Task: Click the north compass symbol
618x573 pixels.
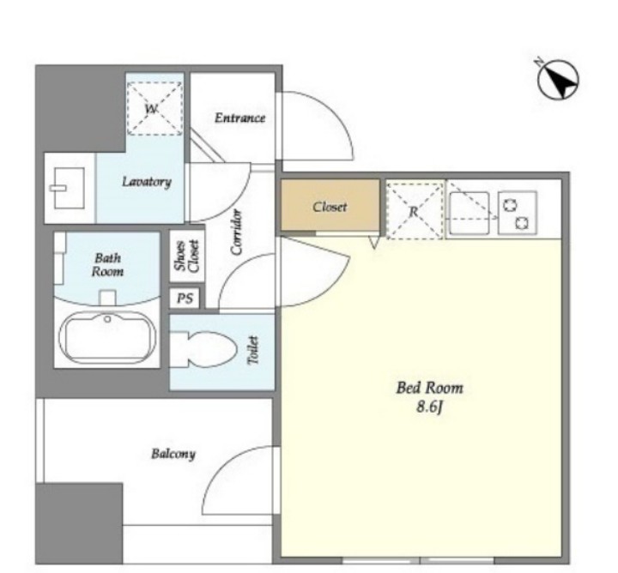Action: [x=558, y=79]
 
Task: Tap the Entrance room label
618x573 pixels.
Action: [x=239, y=118]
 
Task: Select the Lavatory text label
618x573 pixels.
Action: [x=147, y=182]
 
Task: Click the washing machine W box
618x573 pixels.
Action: [x=154, y=109]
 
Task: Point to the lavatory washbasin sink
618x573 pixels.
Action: [x=68, y=188]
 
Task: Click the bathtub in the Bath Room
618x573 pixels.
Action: [x=107, y=338]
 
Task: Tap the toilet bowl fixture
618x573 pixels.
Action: [x=203, y=349]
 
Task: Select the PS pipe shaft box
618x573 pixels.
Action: [x=185, y=299]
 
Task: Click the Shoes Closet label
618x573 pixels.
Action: [x=187, y=256]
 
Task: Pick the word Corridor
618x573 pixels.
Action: [x=237, y=232]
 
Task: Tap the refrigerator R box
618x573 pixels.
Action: [x=415, y=211]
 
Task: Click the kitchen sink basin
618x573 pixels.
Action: [x=470, y=213]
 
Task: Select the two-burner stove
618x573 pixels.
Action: [x=518, y=213]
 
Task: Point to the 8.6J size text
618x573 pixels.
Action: [x=430, y=407]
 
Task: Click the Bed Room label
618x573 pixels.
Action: [x=430, y=388]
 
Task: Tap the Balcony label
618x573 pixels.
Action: [x=173, y=454]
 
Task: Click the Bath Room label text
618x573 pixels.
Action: [x=107, y=265]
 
